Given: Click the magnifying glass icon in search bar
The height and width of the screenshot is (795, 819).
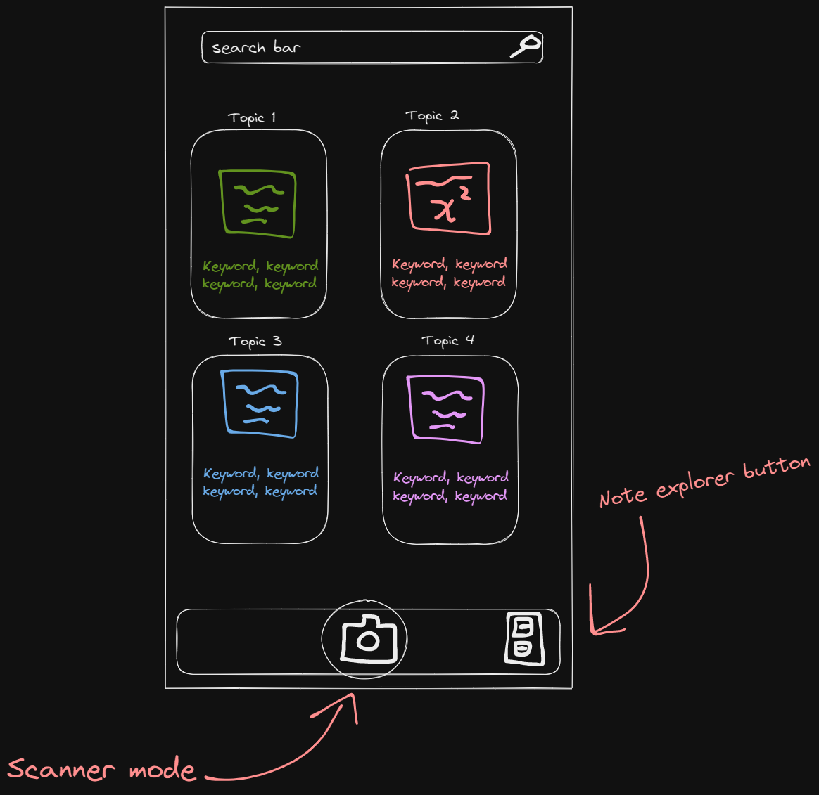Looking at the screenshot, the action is [525, 46].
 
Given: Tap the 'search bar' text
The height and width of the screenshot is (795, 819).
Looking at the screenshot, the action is [256, 48].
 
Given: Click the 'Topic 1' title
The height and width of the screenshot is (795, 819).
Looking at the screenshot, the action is [252, 117].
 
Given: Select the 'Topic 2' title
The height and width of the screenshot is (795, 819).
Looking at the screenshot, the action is [432, 116].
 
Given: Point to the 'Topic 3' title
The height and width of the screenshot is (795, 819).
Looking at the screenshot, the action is [255, 342].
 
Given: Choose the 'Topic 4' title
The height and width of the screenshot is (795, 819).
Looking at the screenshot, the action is [447, 341].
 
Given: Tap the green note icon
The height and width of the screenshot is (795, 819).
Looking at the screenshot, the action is [258, 203].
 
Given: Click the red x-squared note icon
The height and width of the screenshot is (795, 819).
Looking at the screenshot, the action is [448, 199].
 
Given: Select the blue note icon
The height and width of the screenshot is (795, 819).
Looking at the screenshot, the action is [260, 403].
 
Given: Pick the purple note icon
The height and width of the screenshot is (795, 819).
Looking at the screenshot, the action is [446, 409].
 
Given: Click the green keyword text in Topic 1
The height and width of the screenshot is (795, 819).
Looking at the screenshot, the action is [260, 275].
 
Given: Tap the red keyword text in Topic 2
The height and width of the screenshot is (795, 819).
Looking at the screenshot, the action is [449, 273].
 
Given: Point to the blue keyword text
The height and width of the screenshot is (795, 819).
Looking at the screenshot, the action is [260, 482].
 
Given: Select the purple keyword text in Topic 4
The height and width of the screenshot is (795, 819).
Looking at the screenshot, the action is [450, 486].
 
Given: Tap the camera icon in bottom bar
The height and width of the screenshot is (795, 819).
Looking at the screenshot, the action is [368, 639].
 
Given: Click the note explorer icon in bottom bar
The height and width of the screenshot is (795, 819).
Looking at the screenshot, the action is [524, 639].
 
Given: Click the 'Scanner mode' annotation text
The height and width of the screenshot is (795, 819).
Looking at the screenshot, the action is [101, 770].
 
